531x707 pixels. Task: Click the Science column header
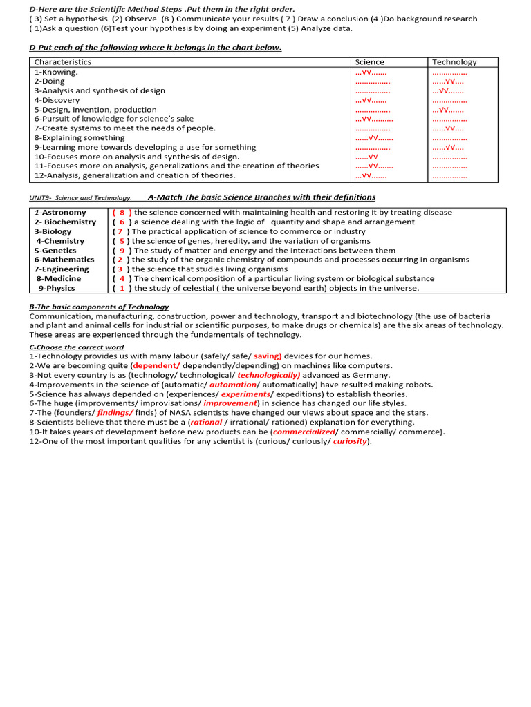pos(369,62)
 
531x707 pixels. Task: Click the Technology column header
pos(454,62)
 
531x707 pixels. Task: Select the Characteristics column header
pos(63,62)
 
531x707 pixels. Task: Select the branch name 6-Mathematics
pos(64,260)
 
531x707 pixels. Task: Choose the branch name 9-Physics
pos(61,288)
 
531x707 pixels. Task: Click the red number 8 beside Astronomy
pos(122,213)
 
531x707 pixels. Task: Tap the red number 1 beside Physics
pos(122,288)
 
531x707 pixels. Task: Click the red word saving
pos(267,356)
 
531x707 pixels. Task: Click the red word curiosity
pos(351,441)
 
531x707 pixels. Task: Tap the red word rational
pos(207,422)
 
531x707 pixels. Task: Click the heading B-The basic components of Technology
pos(99,307)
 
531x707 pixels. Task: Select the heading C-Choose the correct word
pos(77,347)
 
